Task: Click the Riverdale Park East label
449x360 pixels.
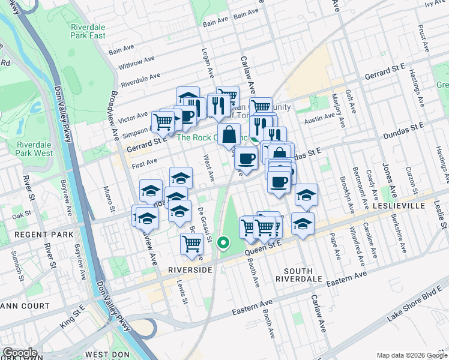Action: (88, 31)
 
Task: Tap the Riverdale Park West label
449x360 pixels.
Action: (34, 149)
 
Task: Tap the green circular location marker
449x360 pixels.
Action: (223, 243)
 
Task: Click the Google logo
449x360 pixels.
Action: (19, 353)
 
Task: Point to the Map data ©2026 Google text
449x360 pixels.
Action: (411, 355)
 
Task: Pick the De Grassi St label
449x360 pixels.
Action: (203, 224)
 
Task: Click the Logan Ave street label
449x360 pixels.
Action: (208, 63)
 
